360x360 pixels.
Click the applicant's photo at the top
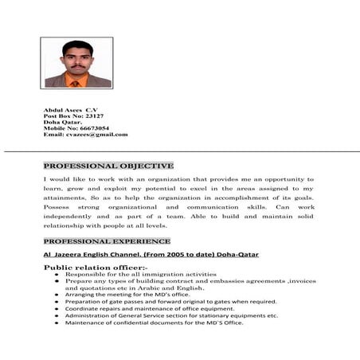(x=76, y=63)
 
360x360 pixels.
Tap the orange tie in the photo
(x=75, y=81)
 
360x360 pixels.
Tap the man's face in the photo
(x=76, y=56)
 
